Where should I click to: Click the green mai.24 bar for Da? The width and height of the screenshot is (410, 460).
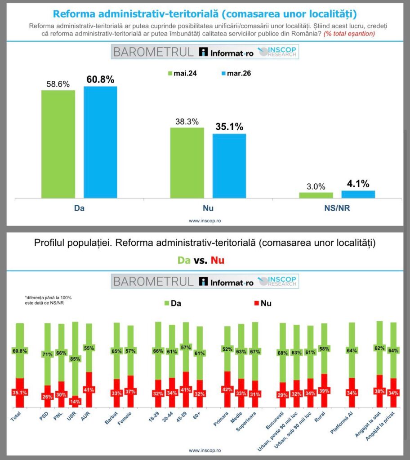point(58,144)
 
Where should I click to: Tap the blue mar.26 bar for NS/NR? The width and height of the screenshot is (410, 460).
point(358,194)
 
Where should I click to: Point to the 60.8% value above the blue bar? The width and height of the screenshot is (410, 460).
point(100,80)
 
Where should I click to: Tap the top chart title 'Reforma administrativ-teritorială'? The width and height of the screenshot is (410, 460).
point(205,12)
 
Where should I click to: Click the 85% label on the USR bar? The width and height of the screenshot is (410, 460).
point(75,358)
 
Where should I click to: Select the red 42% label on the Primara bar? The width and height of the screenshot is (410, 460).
point(227,389)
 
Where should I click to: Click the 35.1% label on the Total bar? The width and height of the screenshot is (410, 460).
point(19,392)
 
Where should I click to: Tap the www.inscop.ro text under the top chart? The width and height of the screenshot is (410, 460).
point(205,221)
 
